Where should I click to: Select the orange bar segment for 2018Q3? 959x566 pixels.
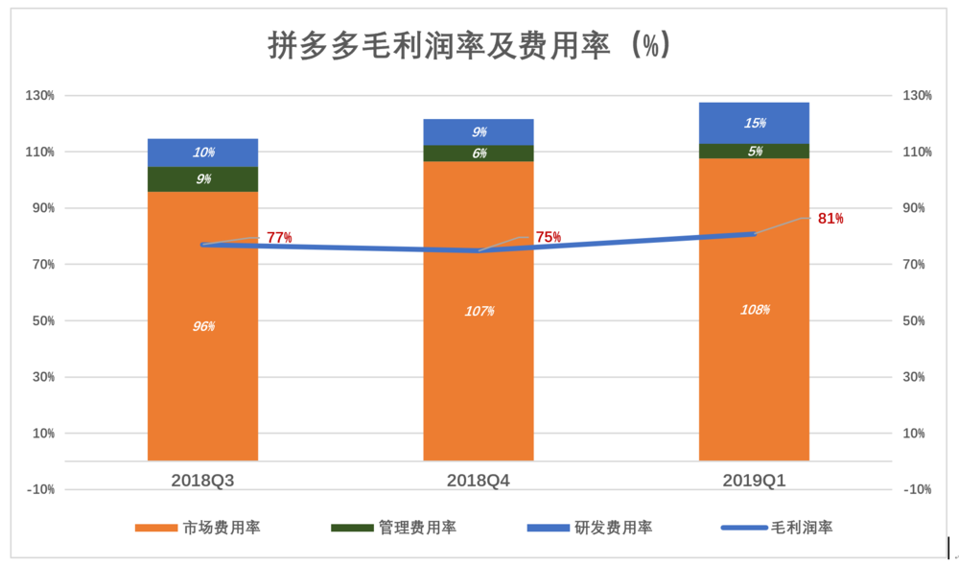coord(202,384)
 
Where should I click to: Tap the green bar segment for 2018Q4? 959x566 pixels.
coord(479,153)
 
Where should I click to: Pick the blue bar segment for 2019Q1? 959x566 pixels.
coord(754,123)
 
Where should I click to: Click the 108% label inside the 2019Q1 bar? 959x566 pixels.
coord(755,310)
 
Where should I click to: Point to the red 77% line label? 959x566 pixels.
coord(279,237)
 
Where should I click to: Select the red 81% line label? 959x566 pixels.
coord(830,219)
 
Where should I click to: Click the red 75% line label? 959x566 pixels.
coord(549,237)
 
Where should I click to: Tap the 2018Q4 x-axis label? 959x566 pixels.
coord(479,479)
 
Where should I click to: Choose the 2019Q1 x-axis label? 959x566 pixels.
coord(754,479)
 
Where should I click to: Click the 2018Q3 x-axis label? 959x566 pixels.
coord(202,479)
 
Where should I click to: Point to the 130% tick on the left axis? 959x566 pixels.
coord(41,96)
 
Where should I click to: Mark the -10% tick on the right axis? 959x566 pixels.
coord(915,489)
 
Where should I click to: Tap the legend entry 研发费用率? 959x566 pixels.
coord(614,528)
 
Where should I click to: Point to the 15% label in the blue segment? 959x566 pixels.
coord(755,123)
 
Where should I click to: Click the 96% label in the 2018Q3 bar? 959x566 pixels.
coord(202,326)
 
